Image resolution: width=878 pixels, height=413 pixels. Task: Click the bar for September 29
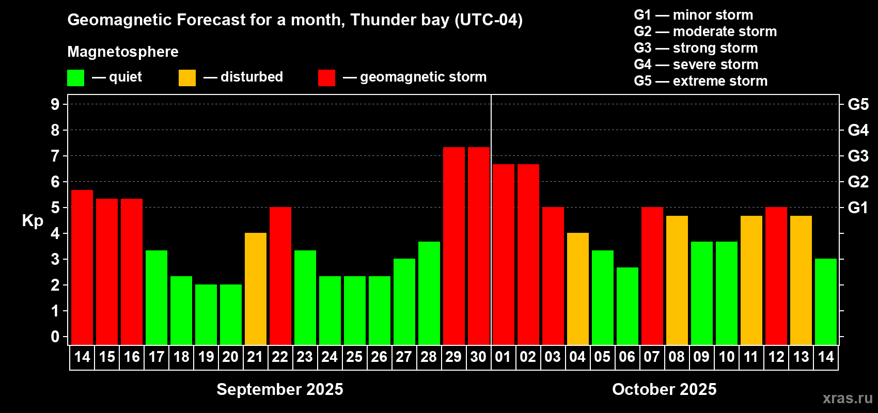pyautogui.click(x=453, y=246)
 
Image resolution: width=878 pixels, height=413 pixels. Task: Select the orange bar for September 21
pyautogui.click(x=255, y=289)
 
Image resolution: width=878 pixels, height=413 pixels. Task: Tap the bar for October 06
pyautogui.click(x=627, y=306)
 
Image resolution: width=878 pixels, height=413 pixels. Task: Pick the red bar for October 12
pyautogui.click(x=776, y=276)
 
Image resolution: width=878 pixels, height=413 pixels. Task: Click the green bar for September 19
pyautogui.click(x=206, y=314)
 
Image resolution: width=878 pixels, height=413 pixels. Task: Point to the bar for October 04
pyautogui.click(x=577, y=289)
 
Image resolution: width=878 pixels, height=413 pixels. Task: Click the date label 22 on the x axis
pyautogui.click(x=280, y=357)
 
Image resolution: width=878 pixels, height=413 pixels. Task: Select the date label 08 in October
pyautogui.click(x=677, y=357)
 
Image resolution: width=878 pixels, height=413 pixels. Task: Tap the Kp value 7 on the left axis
pyautogui.click(x=55, y=156)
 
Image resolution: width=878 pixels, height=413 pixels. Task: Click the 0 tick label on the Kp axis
pyautogui.click(x=55, y=337)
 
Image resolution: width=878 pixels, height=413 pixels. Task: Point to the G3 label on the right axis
pyautogui.click(x=858, y=156)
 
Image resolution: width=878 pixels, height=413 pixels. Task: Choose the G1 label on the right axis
pyautogui.click(x=858, y=208)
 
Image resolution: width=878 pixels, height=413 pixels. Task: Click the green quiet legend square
pyautogui.click(x=75, y=78)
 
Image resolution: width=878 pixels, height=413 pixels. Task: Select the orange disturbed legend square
pyautogui.click(x=187, y=78)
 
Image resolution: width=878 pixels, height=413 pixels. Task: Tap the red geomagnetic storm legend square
pyautogui.click(x=326, y=78)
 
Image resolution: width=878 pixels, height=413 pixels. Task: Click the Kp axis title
pyautogui.click(x=33, y=221)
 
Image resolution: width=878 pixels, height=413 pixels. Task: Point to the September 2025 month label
pyautogui.click(x=279, y=389)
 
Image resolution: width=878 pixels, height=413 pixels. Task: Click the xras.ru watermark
pyautogui.click(x=848, y=398)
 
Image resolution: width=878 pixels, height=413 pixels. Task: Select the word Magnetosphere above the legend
pyautogui.click(x=123, y=52)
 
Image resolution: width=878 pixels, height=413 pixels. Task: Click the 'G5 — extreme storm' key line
pyautogui.click(x=700, y=81)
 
